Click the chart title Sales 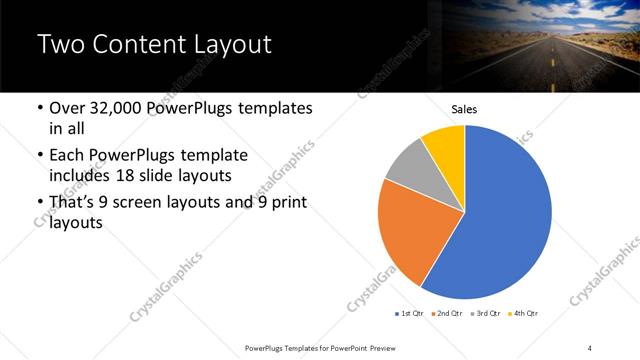coord(465,108)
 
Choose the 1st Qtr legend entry coord(409,314)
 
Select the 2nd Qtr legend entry coord(447,314)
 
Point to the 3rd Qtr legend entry coord(485,314)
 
